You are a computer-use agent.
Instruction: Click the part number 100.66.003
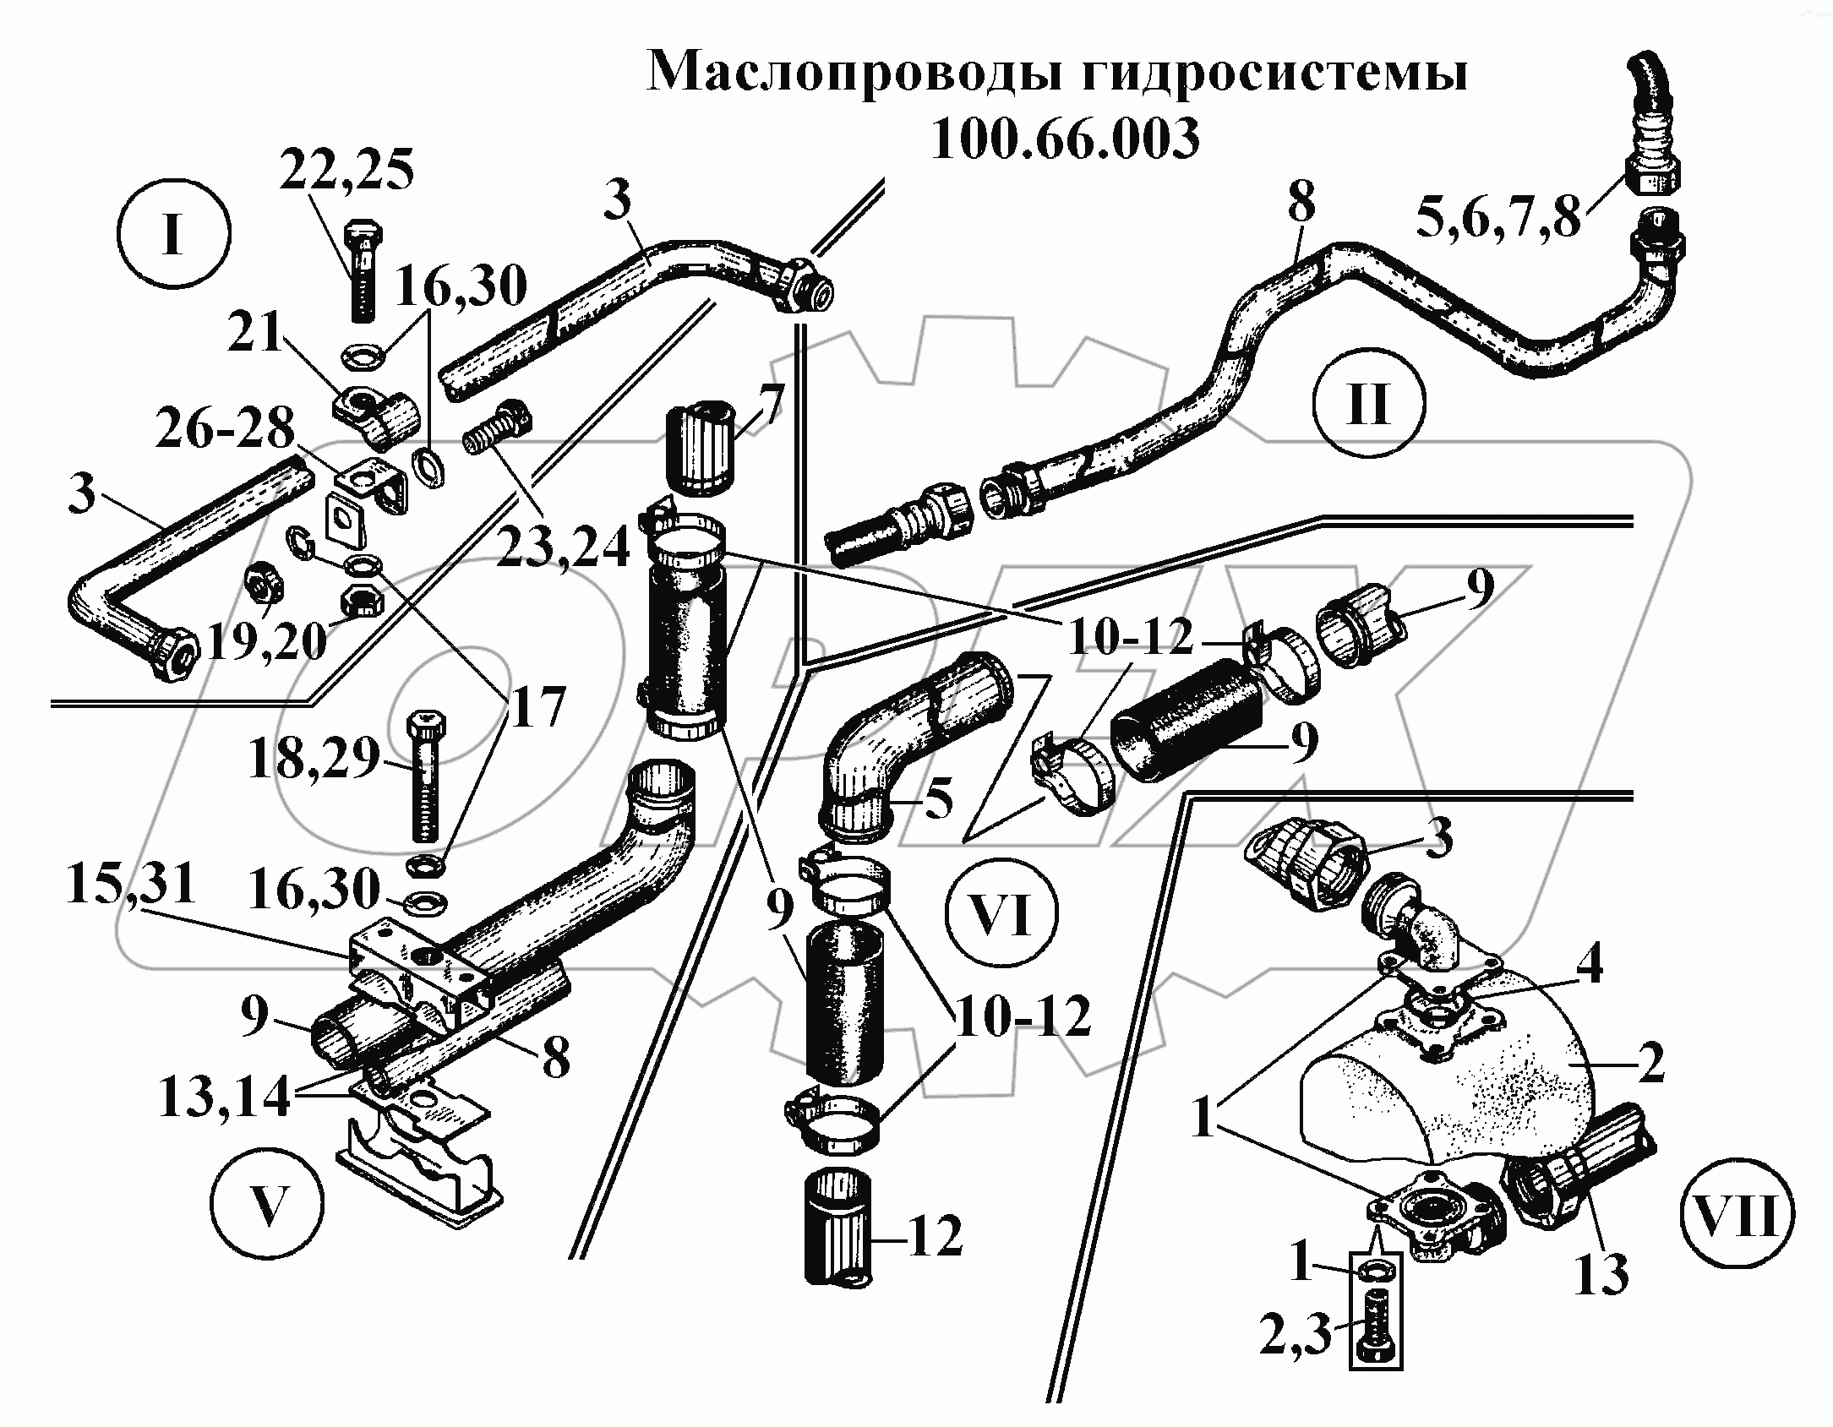click(x=1065, y=139)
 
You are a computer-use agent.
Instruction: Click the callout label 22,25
click(x=347, y=171)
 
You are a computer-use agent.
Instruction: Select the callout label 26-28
click(x=224, y=430)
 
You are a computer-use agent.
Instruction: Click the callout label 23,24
click(x=564, y=547)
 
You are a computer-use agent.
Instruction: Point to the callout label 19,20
click(x=267, y=641)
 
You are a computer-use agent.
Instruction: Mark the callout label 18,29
click(x=314, y=760)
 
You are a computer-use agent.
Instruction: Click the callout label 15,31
click(x=131, y=885)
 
